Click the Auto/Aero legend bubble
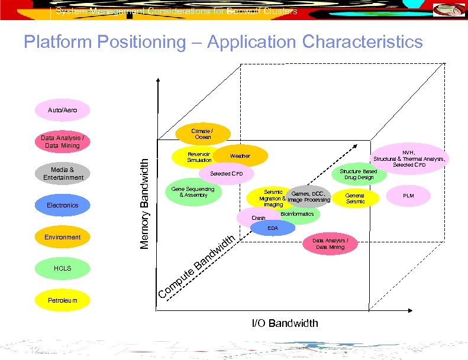[62, 110]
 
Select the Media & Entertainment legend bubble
[63, 174]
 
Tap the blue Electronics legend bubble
[62, 205]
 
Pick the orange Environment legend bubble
[62, 237]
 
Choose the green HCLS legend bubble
[62, 268]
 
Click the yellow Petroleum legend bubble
[62, 300]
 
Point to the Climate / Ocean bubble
[202, 134]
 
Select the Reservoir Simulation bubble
[199, 157]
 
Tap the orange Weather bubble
[240, 156]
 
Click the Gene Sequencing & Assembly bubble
[193, 192]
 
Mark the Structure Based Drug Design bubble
[358, 174]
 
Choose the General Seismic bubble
[355, 198]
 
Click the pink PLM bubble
[409, 194]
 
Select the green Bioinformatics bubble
[297, 214]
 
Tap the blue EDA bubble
[273, 228]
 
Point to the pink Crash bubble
[258, 218]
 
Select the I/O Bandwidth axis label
[285, 323]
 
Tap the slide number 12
[34, 351]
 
